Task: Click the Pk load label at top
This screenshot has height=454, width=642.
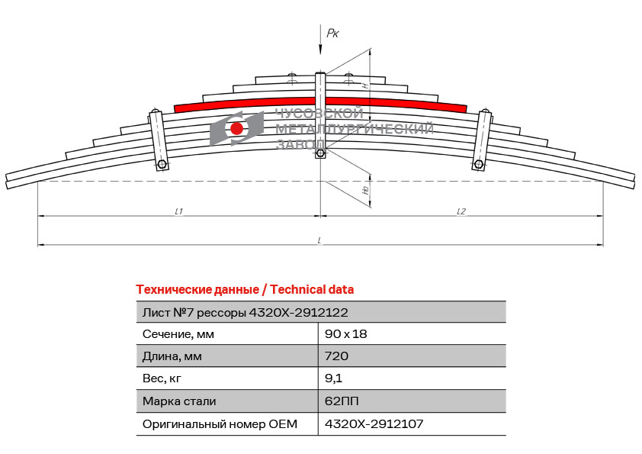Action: click(332, 33)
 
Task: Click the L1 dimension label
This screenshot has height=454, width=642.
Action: click(178, 211)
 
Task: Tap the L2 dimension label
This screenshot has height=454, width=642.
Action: click(461, 211)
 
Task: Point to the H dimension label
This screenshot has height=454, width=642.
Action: click(366, 85)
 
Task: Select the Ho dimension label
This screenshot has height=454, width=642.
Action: click(366, 190)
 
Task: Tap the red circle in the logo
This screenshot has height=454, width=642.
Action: click(236, 128)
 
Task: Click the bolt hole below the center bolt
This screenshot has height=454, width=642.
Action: click(320, 153)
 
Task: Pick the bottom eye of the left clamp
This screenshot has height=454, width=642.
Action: click(162, 165)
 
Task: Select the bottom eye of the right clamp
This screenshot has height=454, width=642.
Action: click(478, 165)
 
